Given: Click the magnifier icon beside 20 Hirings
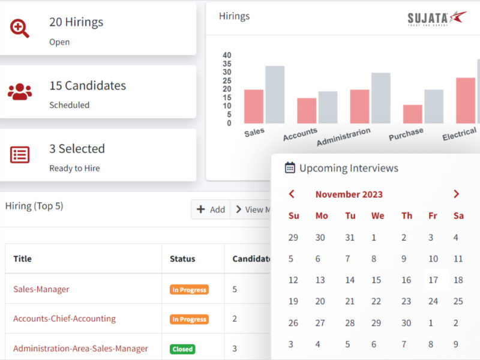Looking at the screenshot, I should pyautogui.click(x=20, y=28).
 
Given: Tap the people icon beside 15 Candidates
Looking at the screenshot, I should pyautogui.click(x=20, y=92).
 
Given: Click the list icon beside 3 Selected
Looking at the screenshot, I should pyautogui.click(x=20, y=155).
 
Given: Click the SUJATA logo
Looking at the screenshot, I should pyautogui.click(x=436, y=17).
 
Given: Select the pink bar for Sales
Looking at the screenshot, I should pyautogui.click(x=254, y=106).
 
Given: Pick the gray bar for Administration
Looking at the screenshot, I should pyautogui.click(x=380, y=98).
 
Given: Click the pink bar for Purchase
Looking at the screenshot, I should pyautogui.click(x=412, y=114).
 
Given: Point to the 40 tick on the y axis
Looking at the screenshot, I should pyautogui.click(x=227, y=55).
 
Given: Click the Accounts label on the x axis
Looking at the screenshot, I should pyautogui.click(x=299, y=134).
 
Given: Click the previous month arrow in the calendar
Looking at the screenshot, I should pyautogui.click(x=292, y=194).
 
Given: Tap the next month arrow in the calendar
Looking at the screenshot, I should pyautogui.click(x=457, y=194).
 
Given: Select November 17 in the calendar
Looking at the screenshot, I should pyautogui.click(x=433, y=280).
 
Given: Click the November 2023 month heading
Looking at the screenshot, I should pyautogui.click(x=349, y=194).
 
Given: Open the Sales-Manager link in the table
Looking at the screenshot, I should pyautogui.click(x=41, y=289).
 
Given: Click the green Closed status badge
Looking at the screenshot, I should pyautogui.click(x=182, y=349).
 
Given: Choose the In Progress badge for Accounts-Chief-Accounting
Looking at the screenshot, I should pyautogui.click(x=189, y=319).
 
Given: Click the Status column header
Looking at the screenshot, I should pyautogui.click(x=182, y=259).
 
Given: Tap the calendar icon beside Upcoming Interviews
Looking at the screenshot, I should pyautogui.click(x=290, y=168).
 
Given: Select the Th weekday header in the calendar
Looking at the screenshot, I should pyautogui.click(x=407, y=216).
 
